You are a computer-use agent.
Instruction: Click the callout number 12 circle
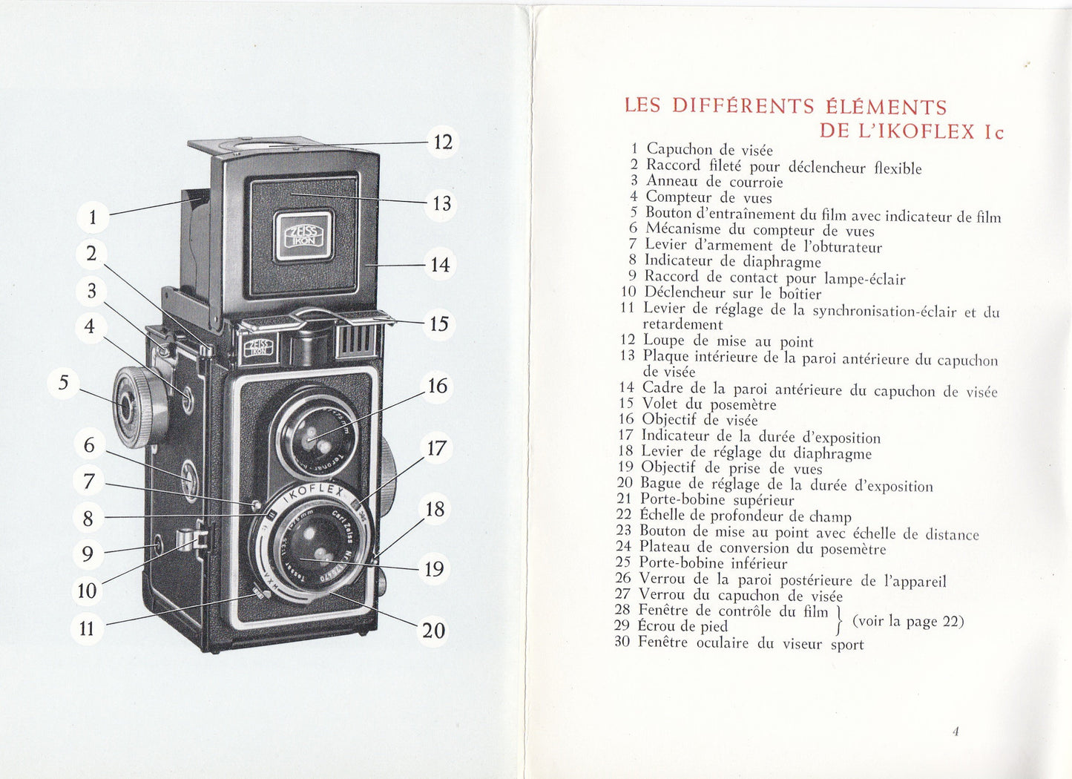click(442, 142)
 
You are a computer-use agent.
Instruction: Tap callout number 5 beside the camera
click(64, 383)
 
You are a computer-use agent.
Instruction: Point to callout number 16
click(438, 386)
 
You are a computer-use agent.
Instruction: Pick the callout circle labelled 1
click(93, 217)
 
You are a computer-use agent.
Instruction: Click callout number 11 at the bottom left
click(88, 628)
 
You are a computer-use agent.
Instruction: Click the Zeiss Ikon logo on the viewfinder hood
click(303, 236)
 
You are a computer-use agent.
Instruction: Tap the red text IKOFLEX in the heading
click(930, 132)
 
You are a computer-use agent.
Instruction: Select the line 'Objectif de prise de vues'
click(731, 468)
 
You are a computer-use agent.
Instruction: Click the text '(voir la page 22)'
click(908, 621)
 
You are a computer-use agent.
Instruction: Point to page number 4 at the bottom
click(956, 732)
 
